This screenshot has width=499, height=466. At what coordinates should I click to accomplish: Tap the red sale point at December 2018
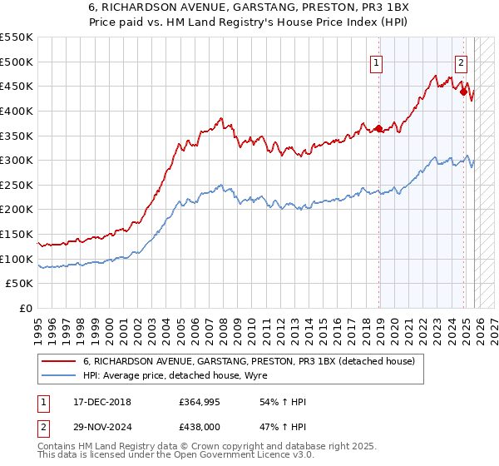379,128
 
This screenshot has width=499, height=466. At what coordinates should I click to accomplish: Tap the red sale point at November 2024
463,92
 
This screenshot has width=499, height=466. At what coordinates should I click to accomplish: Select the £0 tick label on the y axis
26,309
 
